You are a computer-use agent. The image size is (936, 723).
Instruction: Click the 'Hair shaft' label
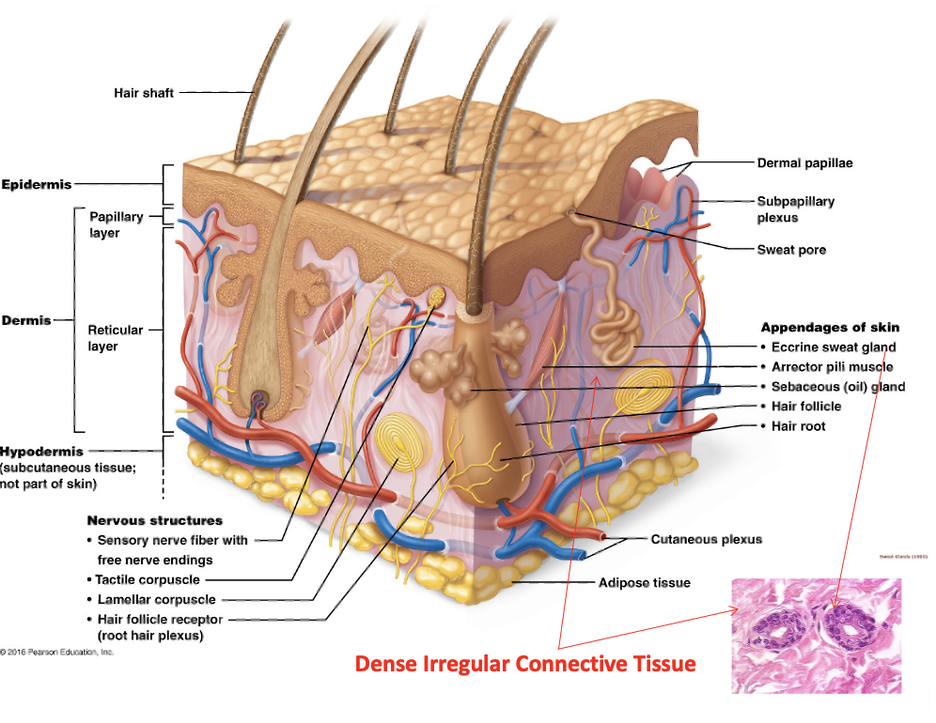144,93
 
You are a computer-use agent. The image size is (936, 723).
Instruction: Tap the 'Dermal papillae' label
804,163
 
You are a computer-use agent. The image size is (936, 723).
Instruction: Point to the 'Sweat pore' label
791,250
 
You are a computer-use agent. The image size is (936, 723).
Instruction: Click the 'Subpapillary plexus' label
795,209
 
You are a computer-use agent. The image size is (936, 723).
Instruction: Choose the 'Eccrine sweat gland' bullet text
834,347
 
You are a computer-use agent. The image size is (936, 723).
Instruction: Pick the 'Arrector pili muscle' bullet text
832,367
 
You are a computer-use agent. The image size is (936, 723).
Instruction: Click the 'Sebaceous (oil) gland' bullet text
838,387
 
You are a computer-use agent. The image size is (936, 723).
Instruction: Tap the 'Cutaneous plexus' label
706,539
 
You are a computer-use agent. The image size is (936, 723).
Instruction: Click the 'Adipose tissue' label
645,583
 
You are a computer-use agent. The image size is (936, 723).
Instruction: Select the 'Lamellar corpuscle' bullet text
156,599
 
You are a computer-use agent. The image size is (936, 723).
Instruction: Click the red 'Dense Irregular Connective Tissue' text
525,665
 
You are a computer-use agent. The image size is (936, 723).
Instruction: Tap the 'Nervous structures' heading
155,520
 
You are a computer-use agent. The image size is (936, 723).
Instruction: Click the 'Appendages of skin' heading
830,328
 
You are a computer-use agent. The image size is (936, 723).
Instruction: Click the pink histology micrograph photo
816,636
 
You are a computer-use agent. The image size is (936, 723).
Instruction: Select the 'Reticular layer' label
116,338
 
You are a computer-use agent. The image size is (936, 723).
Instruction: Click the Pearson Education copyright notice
57,652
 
